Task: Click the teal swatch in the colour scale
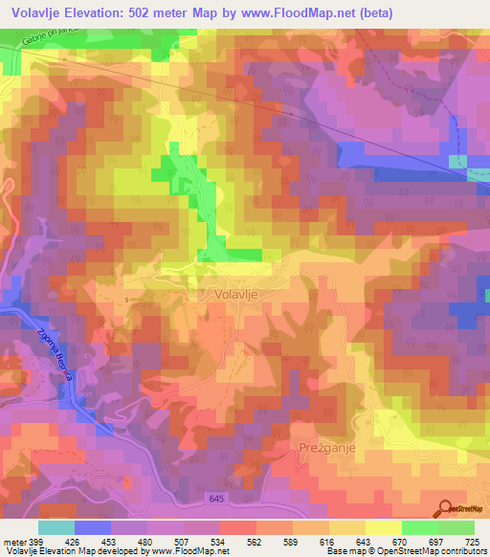[x=56, y=527]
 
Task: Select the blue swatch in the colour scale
[x=93, y=527]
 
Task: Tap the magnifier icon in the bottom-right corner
[x=447, y=508]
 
